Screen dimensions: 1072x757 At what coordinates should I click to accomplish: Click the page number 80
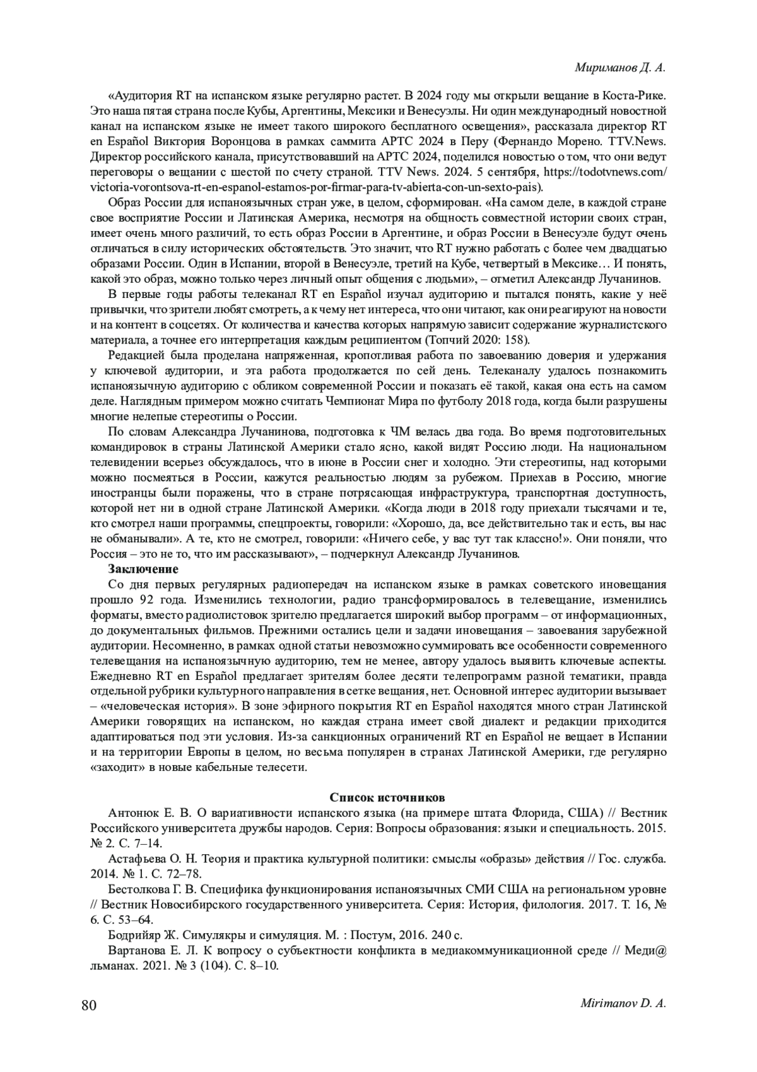(x=88, y=1006)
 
